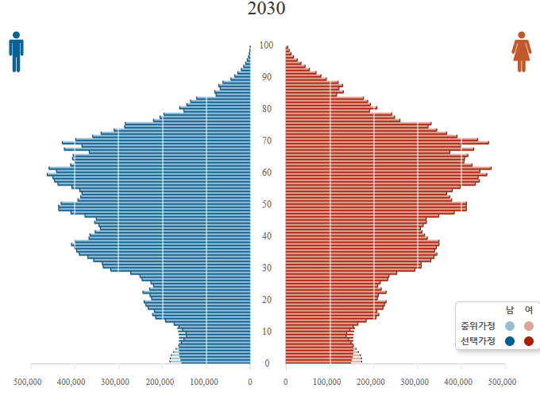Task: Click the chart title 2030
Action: pyautogui.click(x=266, y=10)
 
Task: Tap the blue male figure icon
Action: pyautogui.click(x=16, y=52)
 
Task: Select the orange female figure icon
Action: pyautogui.click(x=521, y=52)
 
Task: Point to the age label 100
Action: pyautogui.click(x=268, y=45)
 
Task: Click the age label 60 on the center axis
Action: pyautogui.click(x=268, y=173)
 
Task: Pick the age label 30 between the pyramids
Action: pyautogui.click(x=268, y=268)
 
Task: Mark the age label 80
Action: pyautogui.click(x=268, y=109)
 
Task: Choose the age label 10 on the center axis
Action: pyautogui.click(x=268, y=332)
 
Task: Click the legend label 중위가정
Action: pyautogui.click(x=477, y=326)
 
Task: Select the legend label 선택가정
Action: pyautogui.click(x=477, y=341)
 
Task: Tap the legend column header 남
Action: pyautogui.click(x=510, y=310)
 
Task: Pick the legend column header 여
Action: pyautogui.click(x=529, y=310)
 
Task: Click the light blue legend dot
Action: pyautogui.click(x=510, y=326)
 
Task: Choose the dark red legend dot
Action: pyautogui.click(x=529, y=341)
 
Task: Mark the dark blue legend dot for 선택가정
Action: pyautogui.click(x=510, y=341)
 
